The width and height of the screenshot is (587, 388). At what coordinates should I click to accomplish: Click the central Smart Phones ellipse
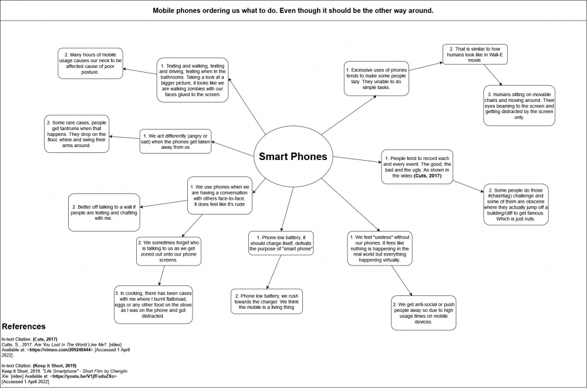click(x=293, y=156)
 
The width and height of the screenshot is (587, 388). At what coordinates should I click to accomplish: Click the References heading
click(x=24, y=326)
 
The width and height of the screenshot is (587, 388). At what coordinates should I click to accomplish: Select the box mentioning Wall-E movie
click(x=474, y=54)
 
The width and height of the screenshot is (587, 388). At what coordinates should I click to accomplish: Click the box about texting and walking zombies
click(x=192, y=80)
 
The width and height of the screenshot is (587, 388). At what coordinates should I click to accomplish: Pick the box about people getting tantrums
click(x=77, y=134)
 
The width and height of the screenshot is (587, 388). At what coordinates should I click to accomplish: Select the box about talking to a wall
click(x=103, y=212)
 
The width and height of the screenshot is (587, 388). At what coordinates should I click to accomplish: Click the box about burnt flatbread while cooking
click(x=154, y=304)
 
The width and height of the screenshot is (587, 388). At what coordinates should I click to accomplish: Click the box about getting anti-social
click(x=423, y=313)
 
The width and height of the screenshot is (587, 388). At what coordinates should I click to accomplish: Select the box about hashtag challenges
click(x=515, y=205)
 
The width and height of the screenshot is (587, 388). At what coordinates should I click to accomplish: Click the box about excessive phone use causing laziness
click(x=376, y=79)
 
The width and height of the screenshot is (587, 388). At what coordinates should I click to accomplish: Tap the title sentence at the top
click(x=293, y=11)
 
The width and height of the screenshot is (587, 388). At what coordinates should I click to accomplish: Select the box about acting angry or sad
click(x=175, y=141)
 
